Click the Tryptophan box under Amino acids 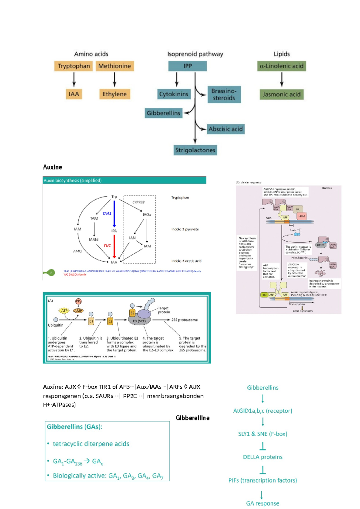74,66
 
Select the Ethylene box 114,94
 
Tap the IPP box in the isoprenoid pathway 187,66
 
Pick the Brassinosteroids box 224,95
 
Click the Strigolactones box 195,150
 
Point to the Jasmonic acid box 281,95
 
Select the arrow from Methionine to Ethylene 114,80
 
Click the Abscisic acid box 225,129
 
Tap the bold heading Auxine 52,167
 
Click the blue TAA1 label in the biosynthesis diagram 107,213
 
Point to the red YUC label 107,245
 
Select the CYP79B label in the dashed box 138,202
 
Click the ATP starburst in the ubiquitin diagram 64,311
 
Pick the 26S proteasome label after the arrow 184,320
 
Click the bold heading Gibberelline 192,418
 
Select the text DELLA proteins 262,457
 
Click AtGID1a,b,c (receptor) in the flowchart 262,411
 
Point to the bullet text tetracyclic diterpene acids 91,444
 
